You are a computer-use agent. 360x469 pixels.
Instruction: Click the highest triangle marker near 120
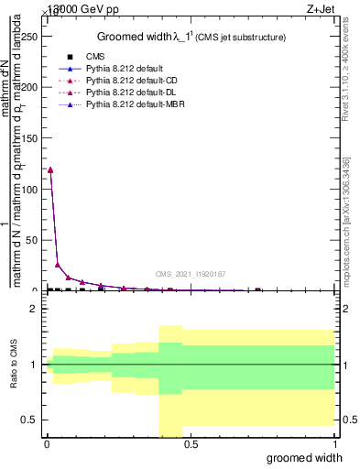coord(50,169)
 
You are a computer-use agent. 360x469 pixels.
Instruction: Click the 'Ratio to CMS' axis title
coord(14,365)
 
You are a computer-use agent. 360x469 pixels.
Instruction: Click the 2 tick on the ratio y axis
coord(36,309)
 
